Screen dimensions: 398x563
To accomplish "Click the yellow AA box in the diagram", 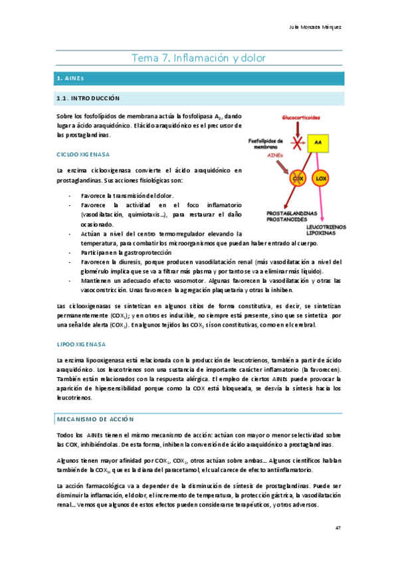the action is click(x=318, y=143).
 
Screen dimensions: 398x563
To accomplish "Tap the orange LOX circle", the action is click(x=321, y=179).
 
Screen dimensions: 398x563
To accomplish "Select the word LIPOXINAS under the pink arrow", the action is click(x=321, y=233).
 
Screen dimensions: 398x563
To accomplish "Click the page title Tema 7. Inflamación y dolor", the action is click(x=199, y=58).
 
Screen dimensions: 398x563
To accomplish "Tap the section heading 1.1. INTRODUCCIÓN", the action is click(x=88, y=98).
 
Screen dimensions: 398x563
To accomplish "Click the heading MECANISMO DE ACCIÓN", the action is click(x=95, y=420).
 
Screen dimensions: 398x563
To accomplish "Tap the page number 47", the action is click(x=338, y=528).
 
